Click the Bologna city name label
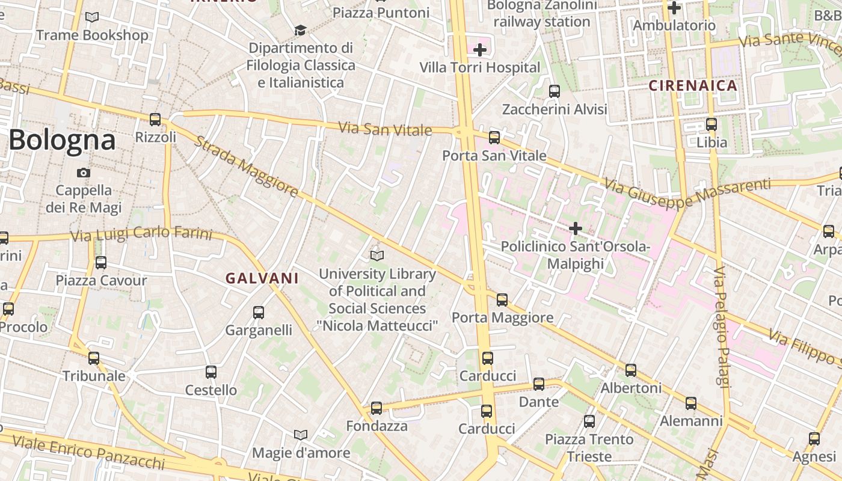tap(62, 140)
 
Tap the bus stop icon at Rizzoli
tap(155, 119)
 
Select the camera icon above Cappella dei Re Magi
tap(84, 173)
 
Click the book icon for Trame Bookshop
tap(92, 17)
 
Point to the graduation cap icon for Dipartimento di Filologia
tap(300, 30)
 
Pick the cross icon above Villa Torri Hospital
tap(480, 50)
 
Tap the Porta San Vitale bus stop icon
tap(494, 138)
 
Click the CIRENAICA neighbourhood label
tap(693, 85)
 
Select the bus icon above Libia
tap(711, 125)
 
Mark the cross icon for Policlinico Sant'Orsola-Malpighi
tap(576, 228)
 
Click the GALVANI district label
tap(262, 278)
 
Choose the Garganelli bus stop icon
tap(259, 313)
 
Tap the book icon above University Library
tap(377, 256)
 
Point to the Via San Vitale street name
tap(385, 129)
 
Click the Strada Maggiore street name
tap(247, 167)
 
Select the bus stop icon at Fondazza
tap(376, 408)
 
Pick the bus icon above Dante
tap(539, 384)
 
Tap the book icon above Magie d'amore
tap(301, 435)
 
